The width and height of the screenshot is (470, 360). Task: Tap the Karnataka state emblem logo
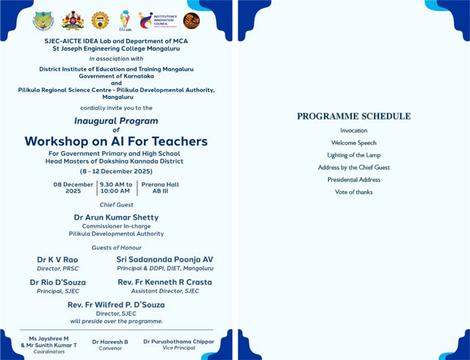coord(72,21)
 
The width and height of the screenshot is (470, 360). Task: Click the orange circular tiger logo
coord(191,21)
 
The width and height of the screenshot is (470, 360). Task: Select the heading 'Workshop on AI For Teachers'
coord(116,141)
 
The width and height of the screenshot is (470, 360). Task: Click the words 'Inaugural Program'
coord(116,120)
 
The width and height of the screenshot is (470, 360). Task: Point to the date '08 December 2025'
coord(73,187)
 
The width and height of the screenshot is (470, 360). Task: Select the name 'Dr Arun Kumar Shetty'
coord(116,217)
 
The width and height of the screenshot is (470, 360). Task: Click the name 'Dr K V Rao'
coord(57,259)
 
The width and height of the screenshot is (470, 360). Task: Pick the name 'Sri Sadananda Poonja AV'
coord(164,259)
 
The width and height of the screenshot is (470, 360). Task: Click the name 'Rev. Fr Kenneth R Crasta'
coord(164,282)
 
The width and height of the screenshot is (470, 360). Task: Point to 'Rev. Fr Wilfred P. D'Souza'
coord(116,304)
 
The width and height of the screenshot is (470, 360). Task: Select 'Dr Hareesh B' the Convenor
coord(110,342)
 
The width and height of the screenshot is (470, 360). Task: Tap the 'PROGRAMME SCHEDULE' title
coord(353,116)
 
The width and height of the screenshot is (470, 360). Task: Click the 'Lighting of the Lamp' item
coord(353,155)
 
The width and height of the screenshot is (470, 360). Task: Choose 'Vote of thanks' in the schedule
coord(353,192)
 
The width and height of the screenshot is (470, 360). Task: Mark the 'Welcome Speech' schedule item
coord(353,143)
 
